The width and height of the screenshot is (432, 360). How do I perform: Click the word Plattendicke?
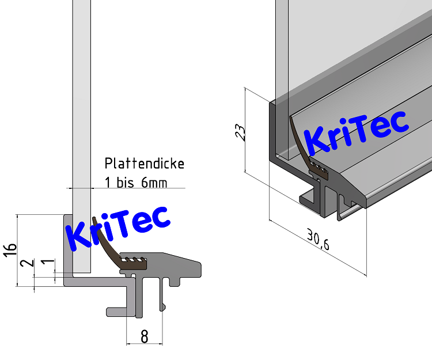144,164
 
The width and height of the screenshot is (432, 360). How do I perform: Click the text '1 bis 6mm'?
136,183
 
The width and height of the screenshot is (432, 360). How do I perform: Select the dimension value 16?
10,249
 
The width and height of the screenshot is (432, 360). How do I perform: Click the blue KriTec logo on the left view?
118,228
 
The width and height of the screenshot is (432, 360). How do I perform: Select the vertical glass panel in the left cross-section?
81,115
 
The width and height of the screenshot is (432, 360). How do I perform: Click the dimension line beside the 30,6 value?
317,248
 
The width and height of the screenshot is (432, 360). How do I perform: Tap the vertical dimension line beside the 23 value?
246,130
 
